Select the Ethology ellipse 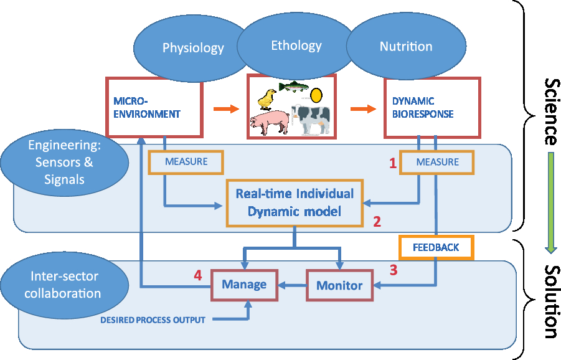coord(296,46)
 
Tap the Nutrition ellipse coord(406,46)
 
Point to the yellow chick coord(266,99)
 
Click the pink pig coord(270,122)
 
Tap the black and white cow coord(310,119)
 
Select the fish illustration coord(293,86)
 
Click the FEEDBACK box coord(436,247)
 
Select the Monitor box coord(339,285)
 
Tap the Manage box coord(244,285)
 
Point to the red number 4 coord(198,275)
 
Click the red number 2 coord(377,222)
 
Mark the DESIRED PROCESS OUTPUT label coord(153,320)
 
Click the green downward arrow coord(551,203)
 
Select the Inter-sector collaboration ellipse coord(64,285)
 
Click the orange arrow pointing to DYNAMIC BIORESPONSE coord(363,109)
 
